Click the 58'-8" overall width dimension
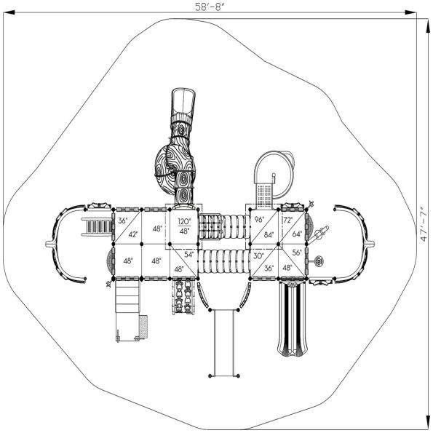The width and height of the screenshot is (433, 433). tap(209, 7)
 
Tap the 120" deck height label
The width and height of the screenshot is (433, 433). tap(184, 221)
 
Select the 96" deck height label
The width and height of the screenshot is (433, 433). tap(259, 220)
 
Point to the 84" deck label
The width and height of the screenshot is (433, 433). tap(269, 235)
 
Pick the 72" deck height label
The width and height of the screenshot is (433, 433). tap(287, 220)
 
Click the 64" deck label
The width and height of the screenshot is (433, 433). tap(297, 234)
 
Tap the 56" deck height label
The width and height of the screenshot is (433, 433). tap(297, 253)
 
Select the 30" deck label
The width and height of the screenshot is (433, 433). tap(258, 256)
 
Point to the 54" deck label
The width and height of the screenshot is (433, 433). tap(189, 255)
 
